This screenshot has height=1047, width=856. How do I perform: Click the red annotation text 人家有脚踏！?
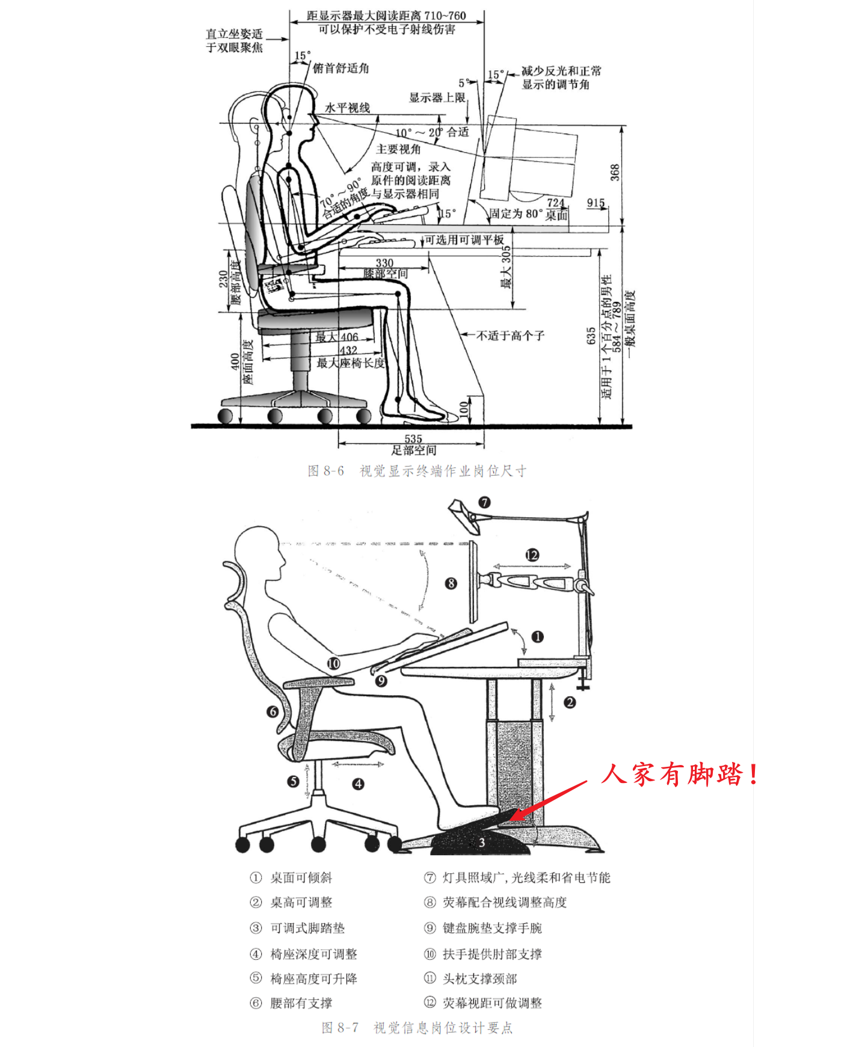coord(680,774)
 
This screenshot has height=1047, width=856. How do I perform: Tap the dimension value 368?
coord(614,173)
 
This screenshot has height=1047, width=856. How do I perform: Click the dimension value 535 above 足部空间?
coord(413,439)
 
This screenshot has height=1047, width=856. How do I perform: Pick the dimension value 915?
coord(596,203)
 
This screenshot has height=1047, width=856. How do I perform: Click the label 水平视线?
coord(347,108)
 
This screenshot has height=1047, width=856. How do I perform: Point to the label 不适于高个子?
coord(510,336)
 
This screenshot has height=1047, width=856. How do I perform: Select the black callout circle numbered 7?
coord(484,502)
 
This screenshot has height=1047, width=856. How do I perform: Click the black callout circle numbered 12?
coord(532,555)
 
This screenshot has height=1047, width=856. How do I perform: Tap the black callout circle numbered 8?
coord(451,583)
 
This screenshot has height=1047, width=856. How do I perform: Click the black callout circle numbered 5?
coord(293,781)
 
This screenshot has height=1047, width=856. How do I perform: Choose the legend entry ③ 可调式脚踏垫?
coord(298,928)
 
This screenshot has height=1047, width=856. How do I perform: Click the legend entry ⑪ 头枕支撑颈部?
coord(470,978)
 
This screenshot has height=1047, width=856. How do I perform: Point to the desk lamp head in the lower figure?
coord(464,514)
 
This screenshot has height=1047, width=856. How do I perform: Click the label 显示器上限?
coord(437,97)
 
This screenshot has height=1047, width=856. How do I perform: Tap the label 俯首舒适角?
coord(340,69)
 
